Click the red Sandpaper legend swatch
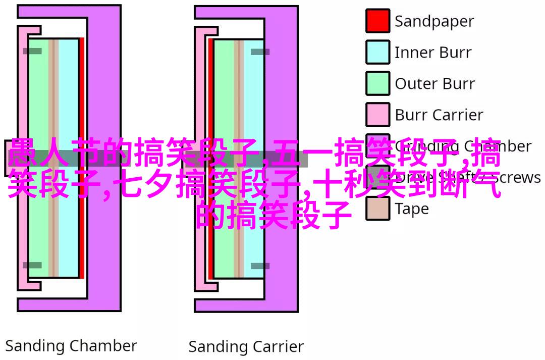[x=377, y=21]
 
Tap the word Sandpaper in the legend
[x=434, y=21]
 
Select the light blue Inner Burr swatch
[x=377, y=53]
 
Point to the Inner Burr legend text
[x=433, y=53]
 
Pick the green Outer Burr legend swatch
[x=377, y=83]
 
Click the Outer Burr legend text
[x=434, y=84]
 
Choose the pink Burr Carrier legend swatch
[x=377, y=115]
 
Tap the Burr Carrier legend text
[x=439, y=115]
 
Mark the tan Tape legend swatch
[x=377, y=208]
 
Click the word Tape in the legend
[x=411, y=209]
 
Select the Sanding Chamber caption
[x=71, y=346]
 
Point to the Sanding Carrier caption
[x=246, y=347]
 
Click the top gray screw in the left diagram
[x=32, y=51]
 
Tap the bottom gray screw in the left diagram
[x=32, y=265]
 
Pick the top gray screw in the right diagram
[x=260, y=52]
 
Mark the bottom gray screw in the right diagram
[x=260, y=266]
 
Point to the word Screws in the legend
[x=517, y=177]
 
